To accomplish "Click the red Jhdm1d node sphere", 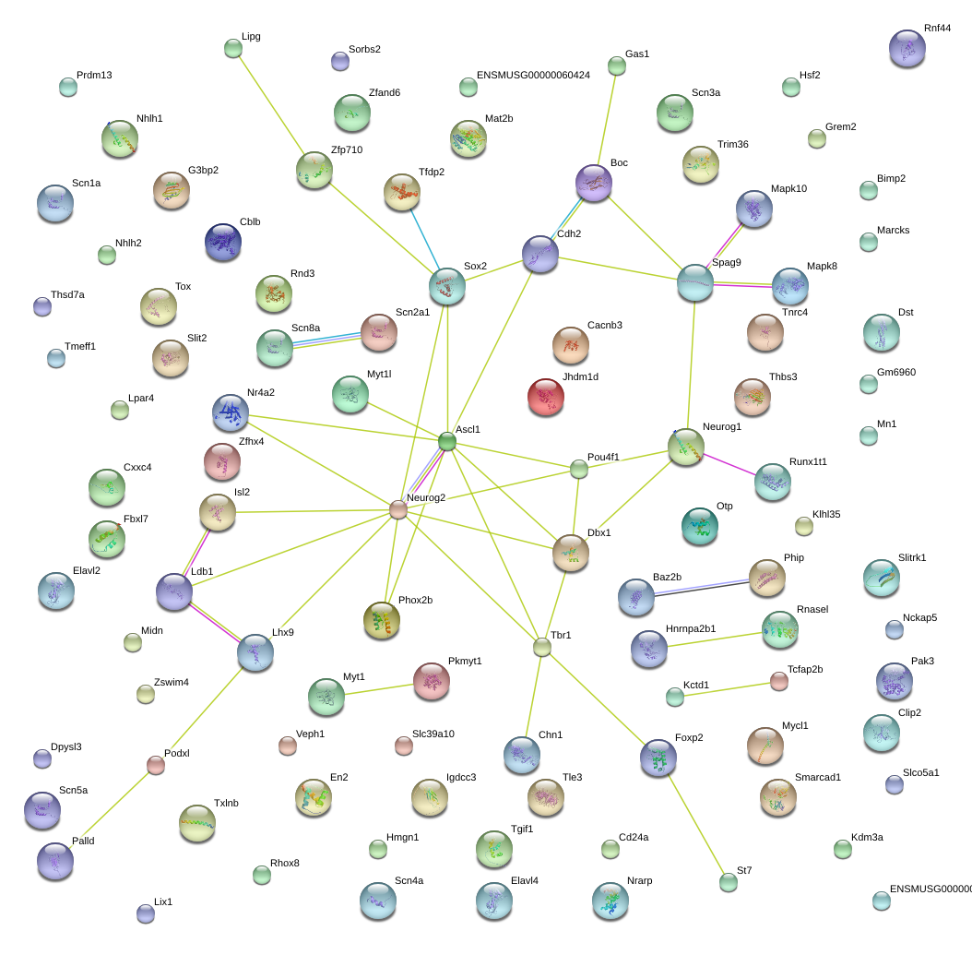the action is pyautogui.click(x=546, y=397).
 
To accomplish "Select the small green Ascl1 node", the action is pyautogui.click(x=447, y=442).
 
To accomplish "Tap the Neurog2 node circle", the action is pyautogui.click(x=398, y=509).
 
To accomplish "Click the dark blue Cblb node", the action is pyautogui.click(x=222, y=242).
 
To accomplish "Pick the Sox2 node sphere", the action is pyautogui.click(x=447, y=286).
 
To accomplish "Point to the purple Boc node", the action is pyautogui.click(x=594, y=183).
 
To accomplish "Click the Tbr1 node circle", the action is pyautogui.click(x=541, y=648).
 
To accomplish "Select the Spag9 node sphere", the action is pyautogui.click(x=695, y=282).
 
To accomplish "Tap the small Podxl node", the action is pyautogui.click(x=156, y=765).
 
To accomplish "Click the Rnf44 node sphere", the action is pyautogui.click(x=907, y=48).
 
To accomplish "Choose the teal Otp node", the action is pyautogui.click(x=700, y=526).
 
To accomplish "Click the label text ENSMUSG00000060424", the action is pyautogui.click(x=533, y=75).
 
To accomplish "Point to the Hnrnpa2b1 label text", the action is pyautogui.click(x=691, y=628).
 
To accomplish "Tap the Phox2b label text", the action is pyautogui.click(x=415, y=601).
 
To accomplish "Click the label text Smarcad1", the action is pyautogui.click(x=818, y=778).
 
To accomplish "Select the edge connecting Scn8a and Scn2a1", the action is pyautogui.click(x=326, y=340).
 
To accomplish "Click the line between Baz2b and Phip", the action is pyautogui.click(x=702, y=588).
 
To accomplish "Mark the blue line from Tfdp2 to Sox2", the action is pyautogui.click(x=425, y=239).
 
